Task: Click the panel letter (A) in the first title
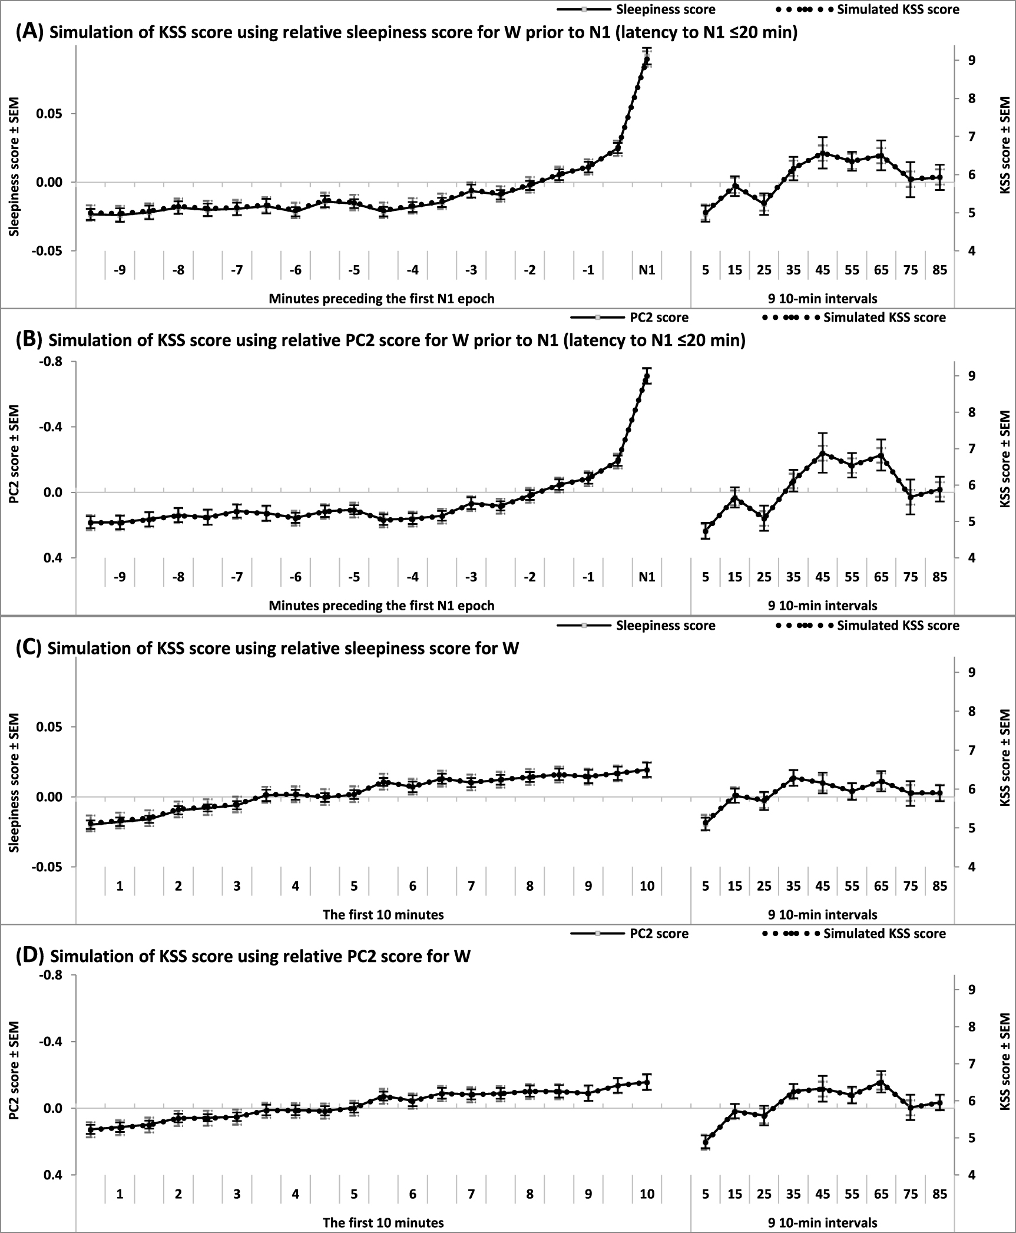click(29, 33)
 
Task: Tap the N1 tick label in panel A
click(647, 270)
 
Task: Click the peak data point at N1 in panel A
click(647, 59)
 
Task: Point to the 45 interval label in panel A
click(822, 270)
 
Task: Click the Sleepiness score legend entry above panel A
click(666, 9)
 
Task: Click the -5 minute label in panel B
click(353, 577)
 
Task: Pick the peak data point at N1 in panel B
click(647, 376)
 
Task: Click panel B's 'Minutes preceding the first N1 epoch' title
click(382, 606)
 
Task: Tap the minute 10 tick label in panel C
click(647, 886)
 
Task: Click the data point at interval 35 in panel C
click(793, 778)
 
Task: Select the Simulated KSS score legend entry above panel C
click(898, 626)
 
